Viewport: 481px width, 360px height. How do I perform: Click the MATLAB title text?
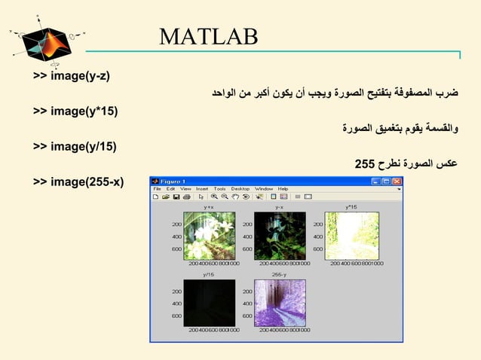point(209,35)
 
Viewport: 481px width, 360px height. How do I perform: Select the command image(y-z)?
point(72,76)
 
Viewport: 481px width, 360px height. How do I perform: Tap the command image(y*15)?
point(75,111)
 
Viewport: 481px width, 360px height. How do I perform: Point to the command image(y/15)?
point(75,146)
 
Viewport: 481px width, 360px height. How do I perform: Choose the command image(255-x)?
point(78,182)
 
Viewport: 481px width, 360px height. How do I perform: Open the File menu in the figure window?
point(158,189)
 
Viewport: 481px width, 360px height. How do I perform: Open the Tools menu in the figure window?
point(219,189)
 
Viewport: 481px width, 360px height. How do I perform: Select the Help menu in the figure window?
point(283,189)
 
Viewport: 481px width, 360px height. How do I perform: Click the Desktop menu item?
point(240,189)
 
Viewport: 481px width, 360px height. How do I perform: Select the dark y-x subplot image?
point(279,236)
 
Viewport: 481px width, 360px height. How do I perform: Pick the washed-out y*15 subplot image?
point(351,236)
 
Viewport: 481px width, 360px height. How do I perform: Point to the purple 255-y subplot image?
point(279,303)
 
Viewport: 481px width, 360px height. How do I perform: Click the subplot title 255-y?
point(279,275)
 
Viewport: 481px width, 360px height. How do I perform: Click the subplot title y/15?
point(210,275)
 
